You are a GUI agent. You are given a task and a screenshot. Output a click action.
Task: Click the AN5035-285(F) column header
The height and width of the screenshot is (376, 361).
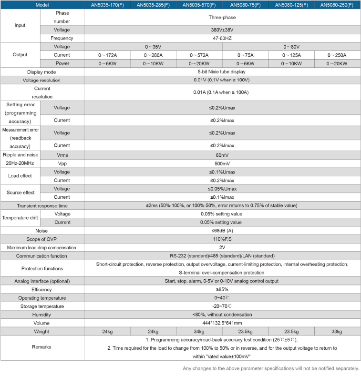pyautogui.click(x=153, y=5)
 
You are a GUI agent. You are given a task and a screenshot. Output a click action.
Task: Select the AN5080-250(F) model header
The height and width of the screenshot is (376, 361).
pyautogui.click(x=338, y=5)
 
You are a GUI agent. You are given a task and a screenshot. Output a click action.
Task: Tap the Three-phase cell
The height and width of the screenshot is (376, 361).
pyautogui.click(x=222, y=17)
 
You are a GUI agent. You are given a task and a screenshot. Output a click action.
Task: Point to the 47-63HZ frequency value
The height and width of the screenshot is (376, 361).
pyautogui.click(x=222, y=38)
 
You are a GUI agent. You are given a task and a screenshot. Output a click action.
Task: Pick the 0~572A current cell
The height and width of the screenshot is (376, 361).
pyautogui.click(x=199, y=55)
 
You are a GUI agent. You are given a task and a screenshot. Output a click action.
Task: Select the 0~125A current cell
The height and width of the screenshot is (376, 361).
pyautogui.click(x=292, y=55)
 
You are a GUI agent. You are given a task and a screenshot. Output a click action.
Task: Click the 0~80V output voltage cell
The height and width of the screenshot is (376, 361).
pyautogui.click(x=291, y=47)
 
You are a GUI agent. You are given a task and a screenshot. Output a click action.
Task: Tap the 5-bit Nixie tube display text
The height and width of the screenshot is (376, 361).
pyautogui.click(x=222, y=71)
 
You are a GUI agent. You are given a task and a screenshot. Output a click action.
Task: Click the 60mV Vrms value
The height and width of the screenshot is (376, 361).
pyautogui.click(x=222, y=155)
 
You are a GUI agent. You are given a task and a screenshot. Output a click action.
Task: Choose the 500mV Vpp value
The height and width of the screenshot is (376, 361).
pyautogui.click(x=222, y=163)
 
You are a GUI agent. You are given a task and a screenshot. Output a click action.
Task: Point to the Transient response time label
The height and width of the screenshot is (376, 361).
pyautogui.click(x=42, y=205)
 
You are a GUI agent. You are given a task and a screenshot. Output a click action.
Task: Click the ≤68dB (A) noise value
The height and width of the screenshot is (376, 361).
pyautogui.click(x=222, y=231)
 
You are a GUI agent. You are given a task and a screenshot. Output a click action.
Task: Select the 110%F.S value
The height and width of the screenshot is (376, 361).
pyautogui.click(x=222, y=239)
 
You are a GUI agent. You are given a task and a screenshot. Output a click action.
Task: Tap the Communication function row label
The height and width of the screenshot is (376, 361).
pyautogui.click(x=42, y=256)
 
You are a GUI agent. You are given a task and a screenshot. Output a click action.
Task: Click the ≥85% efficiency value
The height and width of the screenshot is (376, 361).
pyautogui.click(x=222, y=289)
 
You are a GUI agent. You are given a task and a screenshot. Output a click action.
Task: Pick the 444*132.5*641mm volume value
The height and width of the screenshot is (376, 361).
pyautogui.click(x=222, y=323)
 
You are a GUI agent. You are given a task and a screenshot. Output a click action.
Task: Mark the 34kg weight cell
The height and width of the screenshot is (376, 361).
pyautogui.click(x=199, y=331)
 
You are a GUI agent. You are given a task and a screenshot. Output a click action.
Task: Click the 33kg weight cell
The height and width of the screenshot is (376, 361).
pyautogui.click(x=338, y=331)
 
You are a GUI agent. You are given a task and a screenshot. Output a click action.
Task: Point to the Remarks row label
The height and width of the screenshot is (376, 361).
pyautogui.click(x=42, y=347)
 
